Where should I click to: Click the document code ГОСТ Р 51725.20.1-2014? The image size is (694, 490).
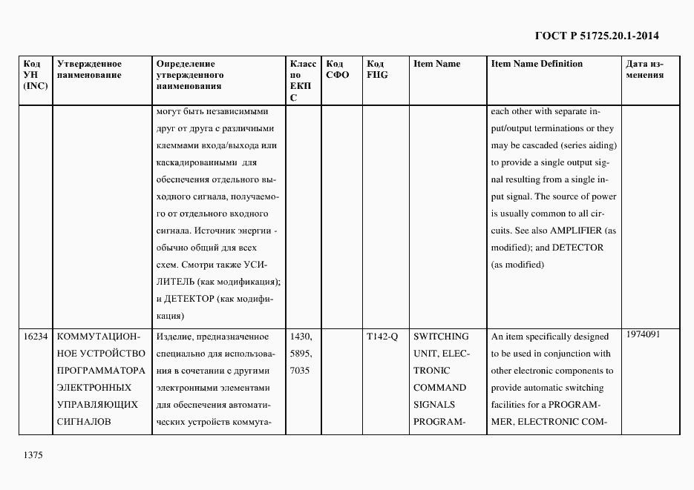(x=597, y=36)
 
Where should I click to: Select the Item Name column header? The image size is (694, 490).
(x=436, y=64)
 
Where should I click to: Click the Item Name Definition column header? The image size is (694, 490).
(x=537, y=64)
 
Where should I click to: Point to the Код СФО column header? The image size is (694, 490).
(x=337, y=70)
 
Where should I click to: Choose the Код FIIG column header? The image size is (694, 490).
(x=377, y=70)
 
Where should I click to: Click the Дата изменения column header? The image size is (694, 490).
(x=644, y=70)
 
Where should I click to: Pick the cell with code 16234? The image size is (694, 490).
(x=36, y=337)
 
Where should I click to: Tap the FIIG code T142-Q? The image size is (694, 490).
(x=382, y=337)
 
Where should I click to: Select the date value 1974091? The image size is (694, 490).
(x=644, y=334)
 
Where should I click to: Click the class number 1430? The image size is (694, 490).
(x=301, y=337)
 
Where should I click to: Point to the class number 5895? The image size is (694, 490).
(x=301, y=354)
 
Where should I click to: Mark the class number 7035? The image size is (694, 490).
(x=301, y=371)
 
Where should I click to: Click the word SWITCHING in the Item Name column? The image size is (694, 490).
(x=441, y=337)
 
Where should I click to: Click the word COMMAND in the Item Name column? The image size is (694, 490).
(x=439, y=388)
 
